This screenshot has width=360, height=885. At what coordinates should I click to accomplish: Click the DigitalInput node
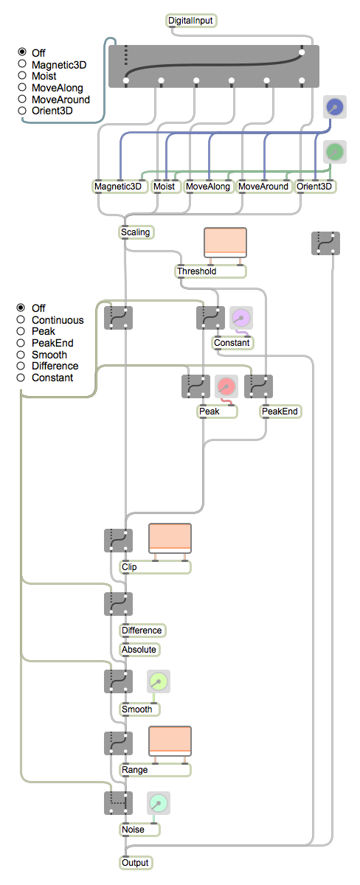click(x=191, y=21)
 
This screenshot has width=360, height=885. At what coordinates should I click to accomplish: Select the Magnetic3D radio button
click(x=22, y=64)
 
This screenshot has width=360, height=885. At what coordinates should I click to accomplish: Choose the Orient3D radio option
click(x=22, y=111)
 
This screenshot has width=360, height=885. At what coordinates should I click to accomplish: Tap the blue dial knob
click(x=335, y=107)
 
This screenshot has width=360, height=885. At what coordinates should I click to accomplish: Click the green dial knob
click(x=335, y=152)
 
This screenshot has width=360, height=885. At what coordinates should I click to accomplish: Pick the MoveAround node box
click(x=264, y=187)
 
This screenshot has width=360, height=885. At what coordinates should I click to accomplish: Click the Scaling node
click(x=136, y=232)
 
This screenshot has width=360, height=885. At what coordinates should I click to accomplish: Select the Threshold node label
click(x=197, y=271)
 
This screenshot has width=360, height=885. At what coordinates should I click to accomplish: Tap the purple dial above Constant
click(x=241, y=318)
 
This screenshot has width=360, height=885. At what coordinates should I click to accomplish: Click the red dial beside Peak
click(x=226, y=386)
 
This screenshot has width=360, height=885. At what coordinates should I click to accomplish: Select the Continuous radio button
click(x=21, y=319)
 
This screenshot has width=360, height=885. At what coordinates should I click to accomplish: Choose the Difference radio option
click(x=21, y=366)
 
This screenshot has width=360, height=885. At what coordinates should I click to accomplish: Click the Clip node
click(x=155, y=567)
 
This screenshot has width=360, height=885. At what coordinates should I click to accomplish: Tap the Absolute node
click(x=139, y=650)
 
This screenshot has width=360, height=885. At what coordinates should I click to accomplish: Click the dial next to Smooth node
click(x=159, y=681)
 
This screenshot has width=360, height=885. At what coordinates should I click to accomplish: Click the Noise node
click(x=139, y=829)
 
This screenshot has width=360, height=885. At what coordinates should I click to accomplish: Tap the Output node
click(x=136, y=862)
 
